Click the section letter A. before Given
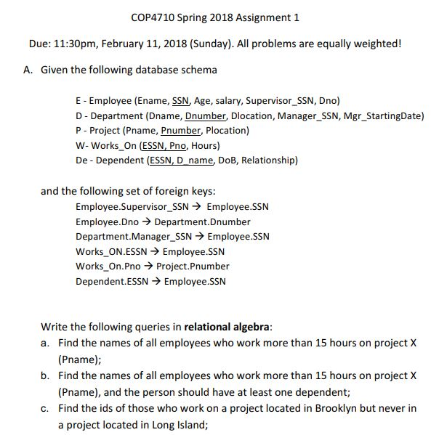[27, 70]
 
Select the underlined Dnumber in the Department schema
[206, 116]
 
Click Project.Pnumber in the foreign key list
[193, 266]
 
